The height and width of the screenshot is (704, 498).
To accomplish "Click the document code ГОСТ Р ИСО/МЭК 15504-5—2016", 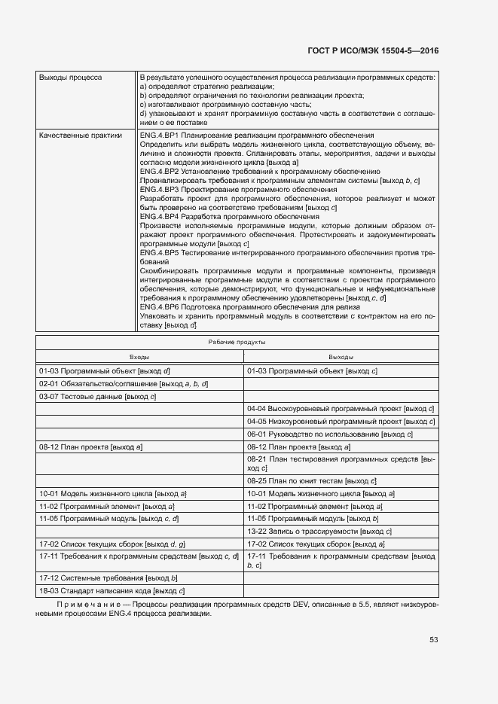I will click(374, 51).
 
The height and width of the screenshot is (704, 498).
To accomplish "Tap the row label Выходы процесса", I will click(71, 78).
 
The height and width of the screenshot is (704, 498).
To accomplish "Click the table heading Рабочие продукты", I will click(237, 343).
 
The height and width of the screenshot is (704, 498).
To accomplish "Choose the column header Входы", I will click(139, 357).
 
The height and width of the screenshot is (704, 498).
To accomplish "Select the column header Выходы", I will click(341, 357).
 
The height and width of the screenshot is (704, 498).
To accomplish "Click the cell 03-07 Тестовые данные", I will click(97, 396).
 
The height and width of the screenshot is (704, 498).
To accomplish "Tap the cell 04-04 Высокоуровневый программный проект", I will click(341, 409).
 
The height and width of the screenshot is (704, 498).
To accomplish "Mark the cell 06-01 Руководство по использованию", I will click(330, 434).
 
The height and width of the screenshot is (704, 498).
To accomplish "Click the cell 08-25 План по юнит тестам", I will click(312, 480).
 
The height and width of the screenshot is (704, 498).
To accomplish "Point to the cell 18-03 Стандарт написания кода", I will click(112, 590).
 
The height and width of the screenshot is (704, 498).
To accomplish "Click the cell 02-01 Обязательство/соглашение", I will click(124, 383).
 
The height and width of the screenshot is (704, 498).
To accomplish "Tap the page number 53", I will click(433, 640).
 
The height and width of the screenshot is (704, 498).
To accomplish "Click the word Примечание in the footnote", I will click(80, 605).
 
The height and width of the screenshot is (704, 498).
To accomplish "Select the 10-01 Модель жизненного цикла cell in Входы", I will click(113, 493).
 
